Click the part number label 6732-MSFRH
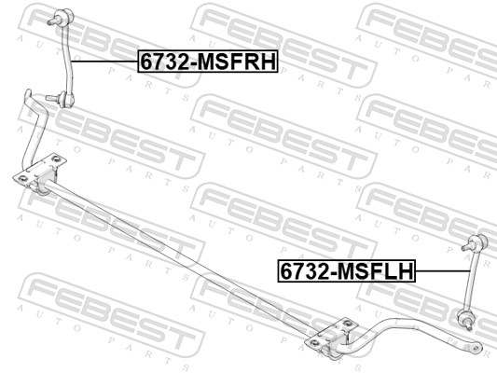pos(209,61)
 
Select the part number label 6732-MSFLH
pos(345,271)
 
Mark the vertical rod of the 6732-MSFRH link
pos(70,56)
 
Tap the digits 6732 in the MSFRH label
pos(162,61)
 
